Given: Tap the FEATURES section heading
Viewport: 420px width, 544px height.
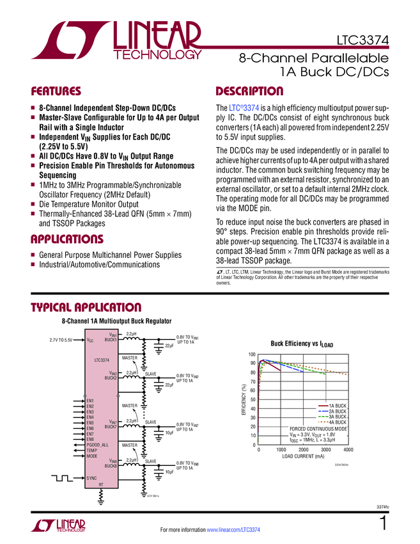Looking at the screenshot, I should tap(56, 91).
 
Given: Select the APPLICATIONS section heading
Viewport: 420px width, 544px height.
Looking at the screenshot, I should tap(67, 240).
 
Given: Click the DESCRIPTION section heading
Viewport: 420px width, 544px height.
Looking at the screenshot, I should tap(249, 91).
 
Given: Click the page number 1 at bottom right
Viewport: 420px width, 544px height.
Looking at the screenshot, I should tap(382, 523).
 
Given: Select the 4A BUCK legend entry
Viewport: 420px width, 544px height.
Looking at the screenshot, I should tap(337, 422).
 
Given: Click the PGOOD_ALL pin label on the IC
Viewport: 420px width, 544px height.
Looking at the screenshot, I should tap(97, 445).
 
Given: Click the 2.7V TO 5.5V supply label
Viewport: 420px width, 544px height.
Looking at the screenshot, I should tap(61, 340).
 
